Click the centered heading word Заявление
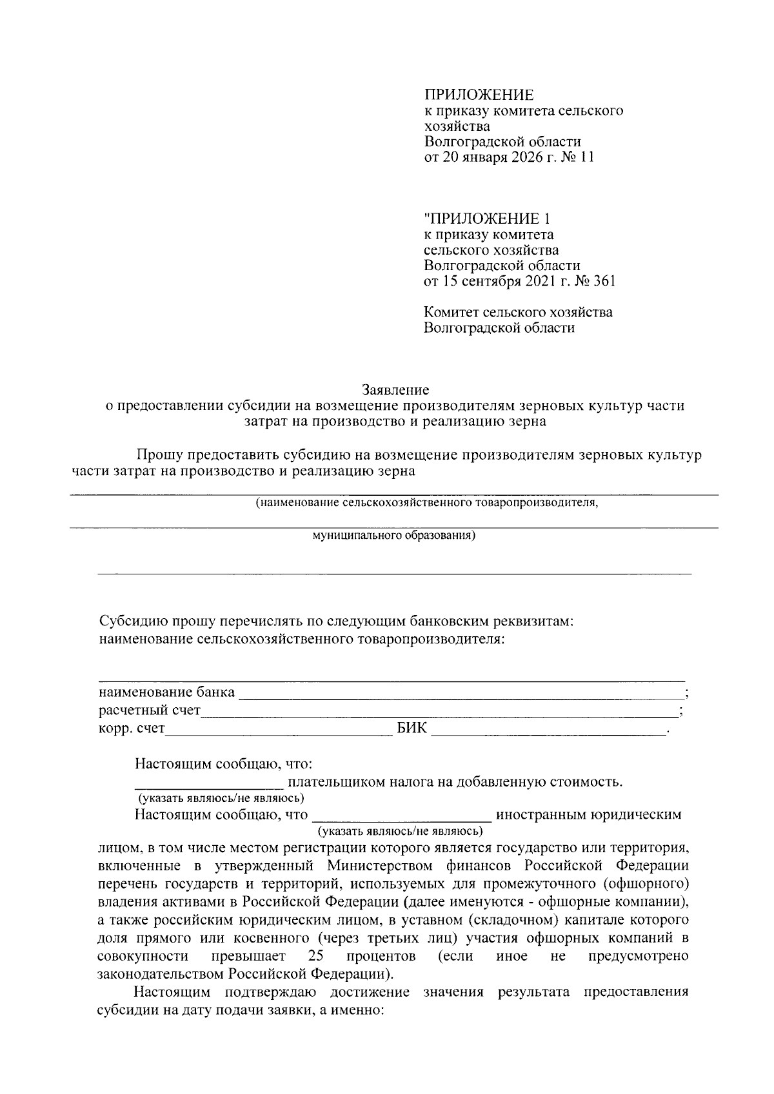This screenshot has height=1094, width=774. (x=395, y=389)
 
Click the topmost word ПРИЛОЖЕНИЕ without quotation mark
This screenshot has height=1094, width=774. (x=479, y=95)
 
